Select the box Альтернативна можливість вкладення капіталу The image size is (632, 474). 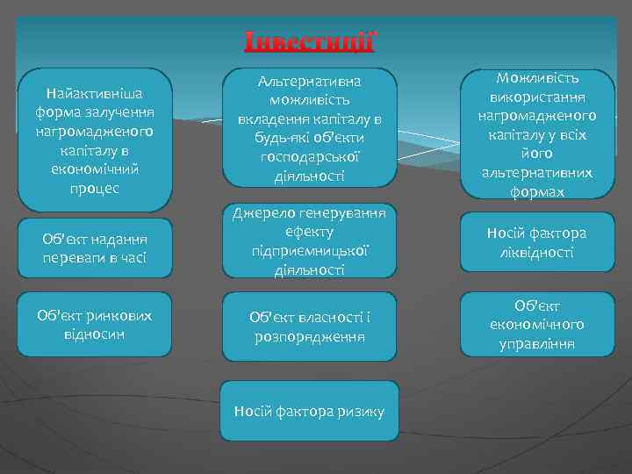(310, 128)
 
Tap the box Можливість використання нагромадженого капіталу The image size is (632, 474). (536, 134)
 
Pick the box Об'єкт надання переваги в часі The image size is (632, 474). (95, 248)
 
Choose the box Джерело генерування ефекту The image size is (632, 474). (310, 242)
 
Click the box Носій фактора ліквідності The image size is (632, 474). (536, 242)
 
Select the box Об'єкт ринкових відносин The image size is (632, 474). (95, 324)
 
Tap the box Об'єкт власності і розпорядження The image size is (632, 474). (310, 327)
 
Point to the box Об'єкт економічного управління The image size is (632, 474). (536, 324)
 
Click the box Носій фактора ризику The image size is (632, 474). (309, 411)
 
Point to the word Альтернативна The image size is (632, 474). (310, 81)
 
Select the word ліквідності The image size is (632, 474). (536, 252)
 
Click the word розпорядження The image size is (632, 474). (310, 336)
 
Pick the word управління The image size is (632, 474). (536, 343)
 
